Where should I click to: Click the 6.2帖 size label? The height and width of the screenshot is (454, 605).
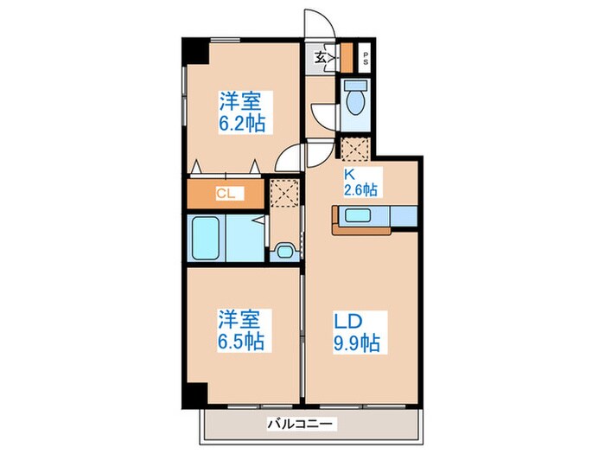pos(241,123)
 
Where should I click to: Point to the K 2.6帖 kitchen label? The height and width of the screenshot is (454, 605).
pos(358,180)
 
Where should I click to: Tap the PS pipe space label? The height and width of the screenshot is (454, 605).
pos(366,60)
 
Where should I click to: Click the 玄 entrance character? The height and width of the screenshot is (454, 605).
pos(321,58)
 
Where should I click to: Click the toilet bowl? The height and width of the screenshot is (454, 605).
pos(355,101)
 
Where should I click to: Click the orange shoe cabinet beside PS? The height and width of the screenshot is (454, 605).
pos(346,56)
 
